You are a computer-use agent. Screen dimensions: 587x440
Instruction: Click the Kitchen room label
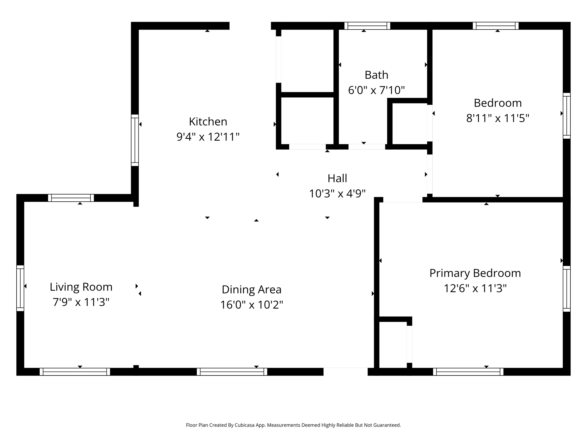tap(208, 122)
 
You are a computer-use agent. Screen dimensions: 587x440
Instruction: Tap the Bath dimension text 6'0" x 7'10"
tap(376, 90)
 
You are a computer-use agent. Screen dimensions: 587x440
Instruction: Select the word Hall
tap(337, 178)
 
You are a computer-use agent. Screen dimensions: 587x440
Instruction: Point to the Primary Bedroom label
tap(475, 273)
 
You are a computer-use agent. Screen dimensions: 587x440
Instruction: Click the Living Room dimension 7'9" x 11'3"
tap(81, 302)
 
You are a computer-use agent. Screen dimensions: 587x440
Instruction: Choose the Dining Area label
tap(252, 290)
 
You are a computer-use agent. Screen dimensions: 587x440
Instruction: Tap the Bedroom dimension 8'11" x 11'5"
tap(498, 118)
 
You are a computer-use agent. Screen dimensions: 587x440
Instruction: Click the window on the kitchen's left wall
tap(135, 140)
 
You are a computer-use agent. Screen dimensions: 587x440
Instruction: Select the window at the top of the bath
tap(367, 26)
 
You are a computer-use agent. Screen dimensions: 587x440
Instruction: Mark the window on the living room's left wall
tap(20, 288)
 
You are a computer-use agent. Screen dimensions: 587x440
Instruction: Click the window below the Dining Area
tap(232, 372)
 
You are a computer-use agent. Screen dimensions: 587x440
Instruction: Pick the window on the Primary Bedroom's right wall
tap(567, 288)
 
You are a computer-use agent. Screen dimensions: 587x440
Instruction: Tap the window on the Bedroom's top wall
tap(496, 26)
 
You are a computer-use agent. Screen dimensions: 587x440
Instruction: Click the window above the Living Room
tap(71, 198)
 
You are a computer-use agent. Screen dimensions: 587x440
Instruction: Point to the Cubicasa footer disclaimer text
tap(293, 425)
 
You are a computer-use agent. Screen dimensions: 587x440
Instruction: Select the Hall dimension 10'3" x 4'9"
tap(337, 194)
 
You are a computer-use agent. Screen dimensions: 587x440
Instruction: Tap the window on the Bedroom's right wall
tap(567, 116)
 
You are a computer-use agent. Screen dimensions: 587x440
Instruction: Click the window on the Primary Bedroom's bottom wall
tap(468, 372)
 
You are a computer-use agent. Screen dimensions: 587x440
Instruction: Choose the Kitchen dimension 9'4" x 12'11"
tap(208, 137)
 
